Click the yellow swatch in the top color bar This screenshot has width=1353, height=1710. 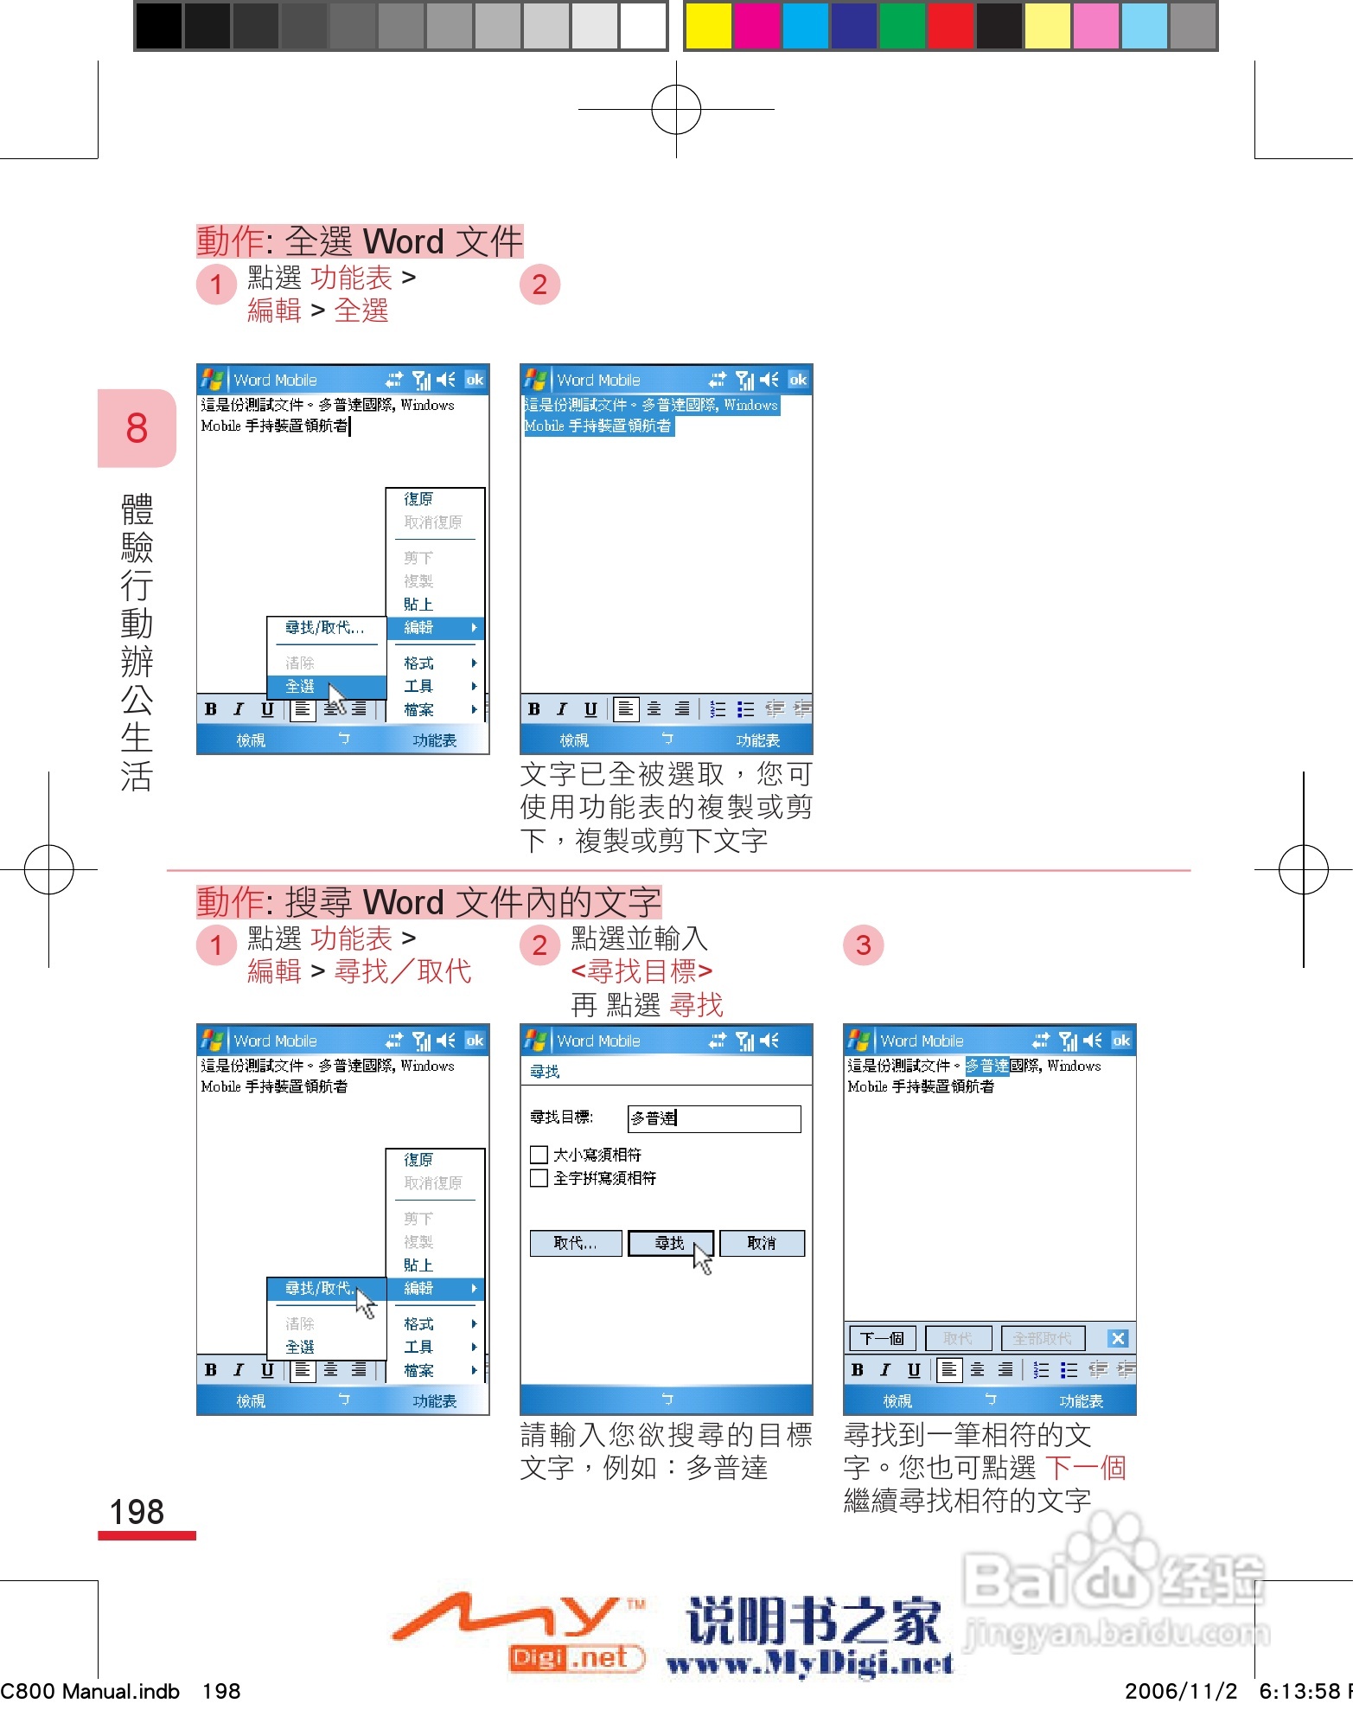coord(707,26)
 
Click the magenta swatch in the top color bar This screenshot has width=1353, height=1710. coord(756,26)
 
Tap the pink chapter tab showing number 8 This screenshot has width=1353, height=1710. coord(137,428)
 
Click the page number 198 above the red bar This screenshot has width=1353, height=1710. coord(137,1512)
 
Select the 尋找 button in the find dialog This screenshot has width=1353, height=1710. coord(670,1243)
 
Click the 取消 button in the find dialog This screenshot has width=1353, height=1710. coord(762,1243)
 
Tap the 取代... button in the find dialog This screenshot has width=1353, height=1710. coord(575,1243)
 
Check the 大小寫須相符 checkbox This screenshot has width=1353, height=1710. coord(539,1155)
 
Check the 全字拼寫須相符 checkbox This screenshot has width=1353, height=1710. coord(539,1178)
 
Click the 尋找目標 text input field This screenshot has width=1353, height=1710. coord(714,1118)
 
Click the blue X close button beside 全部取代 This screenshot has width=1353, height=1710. coord(1118,1338)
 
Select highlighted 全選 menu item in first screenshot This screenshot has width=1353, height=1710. coord(302,686)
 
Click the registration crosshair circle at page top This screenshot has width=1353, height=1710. coord(676,109)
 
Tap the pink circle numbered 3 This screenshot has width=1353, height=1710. coord(863,945)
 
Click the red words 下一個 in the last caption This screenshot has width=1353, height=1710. coord(1085,1468)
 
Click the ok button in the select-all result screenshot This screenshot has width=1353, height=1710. coord(797,380)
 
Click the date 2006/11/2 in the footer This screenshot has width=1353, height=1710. coord(1181,1691)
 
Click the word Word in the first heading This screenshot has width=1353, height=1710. coord(403,241)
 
